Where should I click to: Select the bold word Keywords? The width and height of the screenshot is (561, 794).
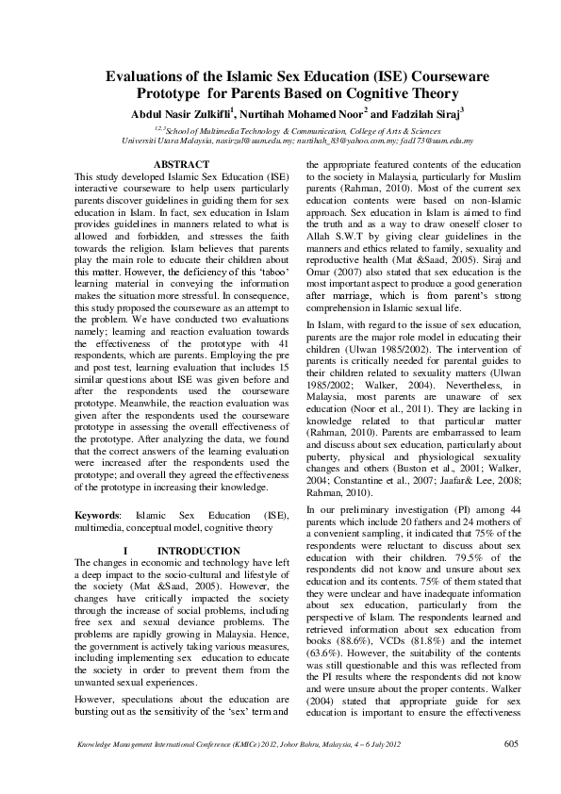tap(96, 517)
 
